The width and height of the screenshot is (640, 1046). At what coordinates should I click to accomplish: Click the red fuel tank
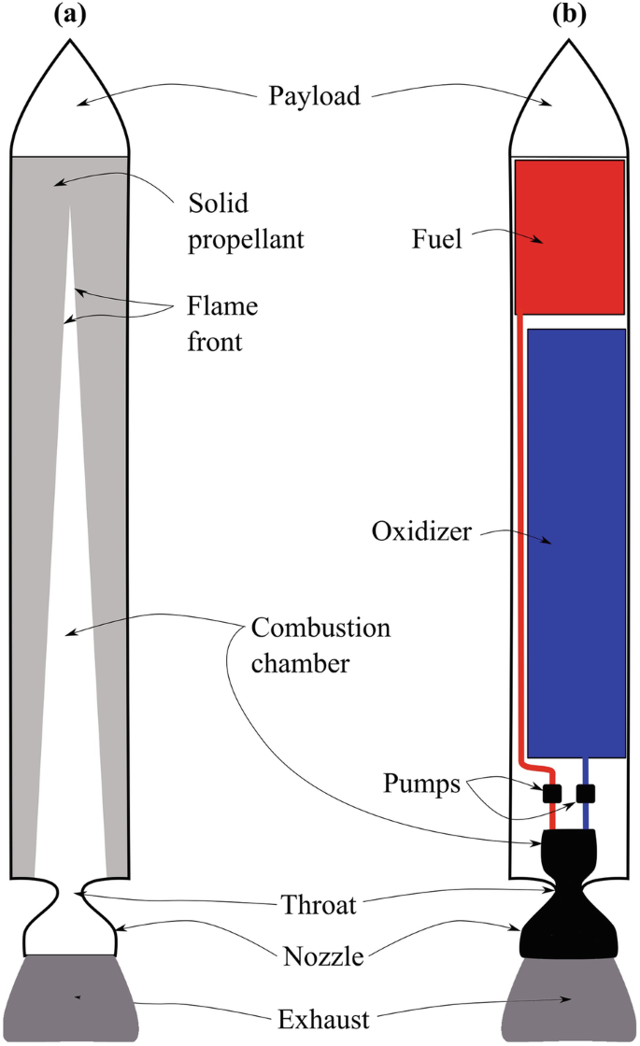pyautogui.click(x=570, y=235)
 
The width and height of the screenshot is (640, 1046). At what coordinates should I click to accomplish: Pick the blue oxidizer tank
pyautogui.click(x=576, y=542)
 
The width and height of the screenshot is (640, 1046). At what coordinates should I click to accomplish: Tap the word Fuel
pyautogui.click(x=438, y=240)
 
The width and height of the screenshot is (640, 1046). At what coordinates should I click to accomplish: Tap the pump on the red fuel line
pyautogui.click(x=551, y=794)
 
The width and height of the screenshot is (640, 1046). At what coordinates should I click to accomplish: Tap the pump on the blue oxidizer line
pyautogui.click(x=586, y=794)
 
